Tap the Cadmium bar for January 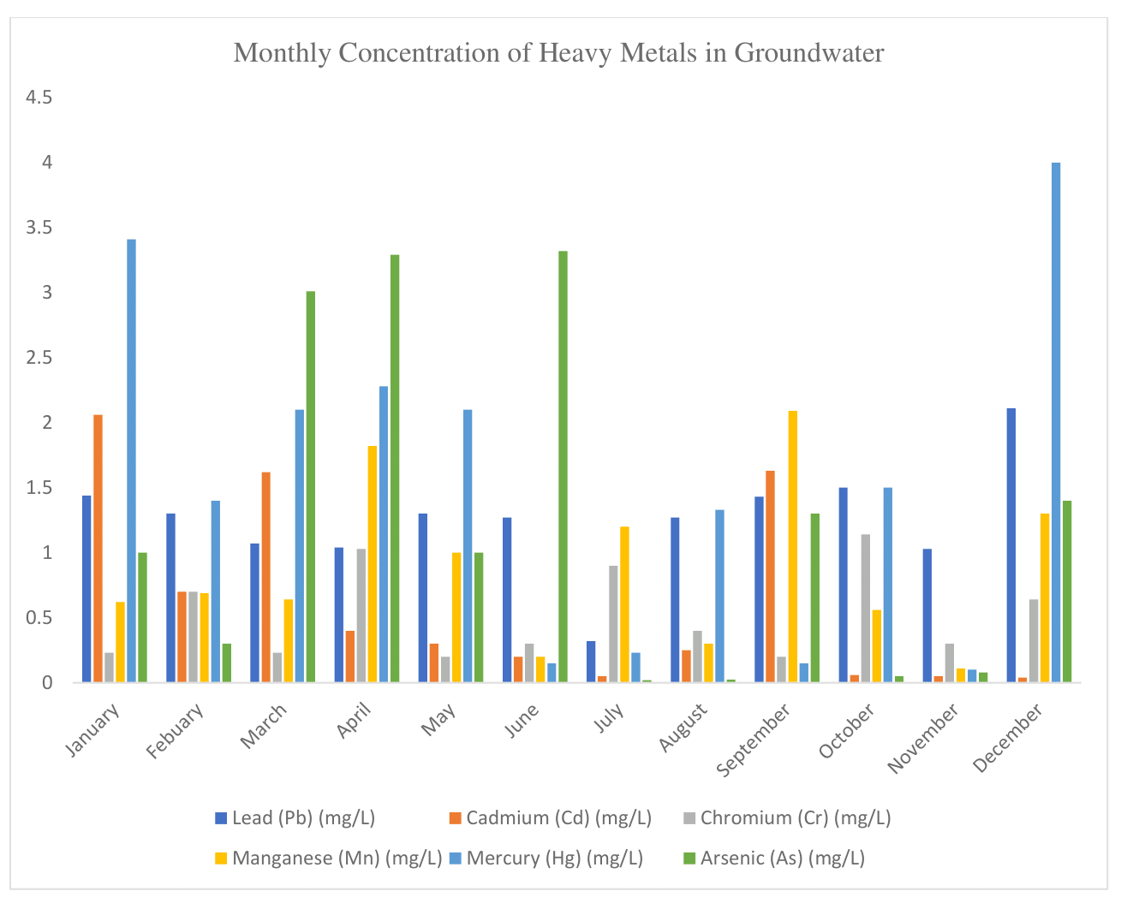click(x=98, y=549)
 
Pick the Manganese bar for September click(x=793, y=547)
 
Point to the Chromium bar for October click(x=866, y=609)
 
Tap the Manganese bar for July click(x=624, y=604)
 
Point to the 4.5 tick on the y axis click(x=39, y=98)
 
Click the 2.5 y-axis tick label click(x=39, y=358)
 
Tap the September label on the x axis click(x=754, y=741)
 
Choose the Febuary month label click(x=176, y=732)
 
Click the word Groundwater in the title click(x=809, y=53)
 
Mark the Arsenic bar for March click(x=311, y=487)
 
